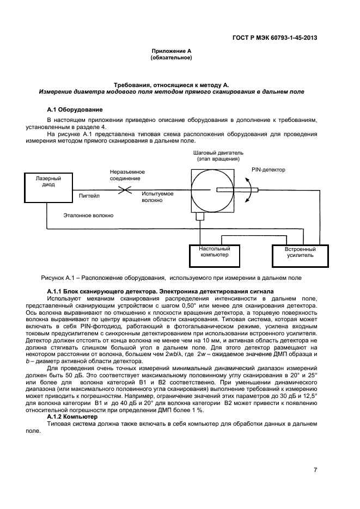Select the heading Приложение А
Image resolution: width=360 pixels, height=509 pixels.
(171, 51)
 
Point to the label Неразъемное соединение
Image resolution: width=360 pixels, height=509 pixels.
(125, 174)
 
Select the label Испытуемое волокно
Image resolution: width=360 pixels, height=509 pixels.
(157, 197)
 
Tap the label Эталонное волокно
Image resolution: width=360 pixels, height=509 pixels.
(88, 216)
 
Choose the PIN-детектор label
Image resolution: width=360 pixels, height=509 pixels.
(268, 170)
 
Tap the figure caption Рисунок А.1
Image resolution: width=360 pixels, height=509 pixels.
(172, 278)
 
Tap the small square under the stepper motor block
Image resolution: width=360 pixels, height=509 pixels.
(200, 216)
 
